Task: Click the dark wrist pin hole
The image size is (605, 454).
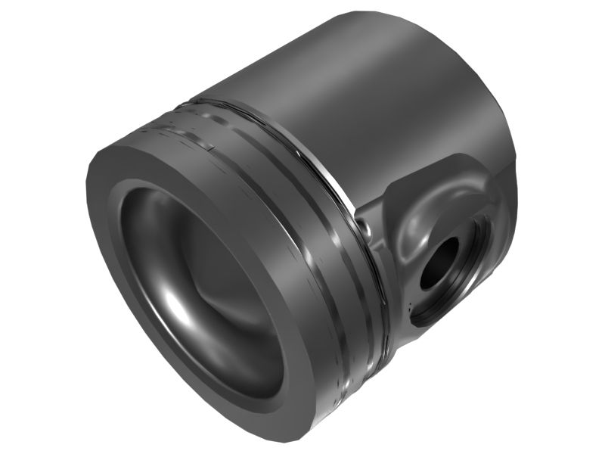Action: [x=438, y=264]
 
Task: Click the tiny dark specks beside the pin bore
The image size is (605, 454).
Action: [x=409, y=306]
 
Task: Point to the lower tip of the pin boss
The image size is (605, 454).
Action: [x=412, y=333]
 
